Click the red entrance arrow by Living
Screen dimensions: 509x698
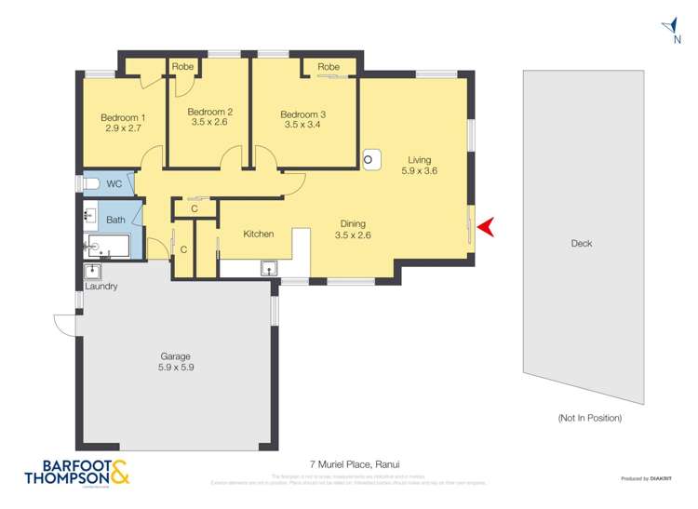(x=485, y=226)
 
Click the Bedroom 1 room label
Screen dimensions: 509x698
(x=123, y=117)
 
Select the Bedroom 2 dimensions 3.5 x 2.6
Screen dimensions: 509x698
(x=211, y=122)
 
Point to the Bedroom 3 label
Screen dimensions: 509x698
(x=302, y=114)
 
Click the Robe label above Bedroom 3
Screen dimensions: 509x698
(x=329, y=67)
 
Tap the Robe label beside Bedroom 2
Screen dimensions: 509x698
(x=181, y=67)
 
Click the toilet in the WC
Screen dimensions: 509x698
(x=91, y=184)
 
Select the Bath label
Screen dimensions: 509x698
(x=115, y=220)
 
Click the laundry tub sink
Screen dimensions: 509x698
(x=93, y=272)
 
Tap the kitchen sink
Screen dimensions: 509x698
(x=269, y=270)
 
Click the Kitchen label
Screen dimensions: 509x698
(x=259, y=234)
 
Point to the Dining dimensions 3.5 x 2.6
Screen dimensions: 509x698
(x=352, y=235)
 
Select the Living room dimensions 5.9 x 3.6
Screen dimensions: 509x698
(x=419, y=171)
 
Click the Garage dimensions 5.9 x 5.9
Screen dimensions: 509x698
(x=175, y=368)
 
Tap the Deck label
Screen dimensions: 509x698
(x=581, y=244)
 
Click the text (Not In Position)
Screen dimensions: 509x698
(x=589, y=418)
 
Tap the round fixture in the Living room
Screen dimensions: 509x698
(x=369, y=159)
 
